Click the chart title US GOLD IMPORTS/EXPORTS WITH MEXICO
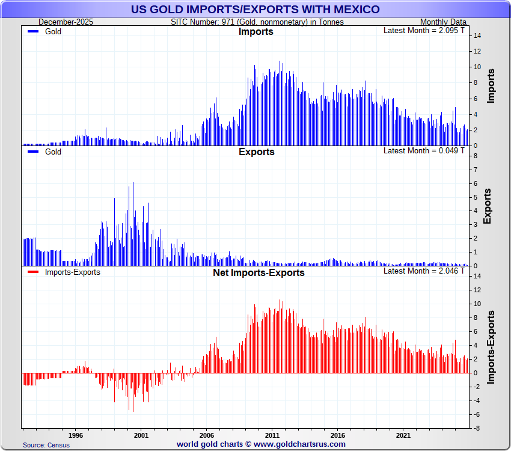coord(255,10)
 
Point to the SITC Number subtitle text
coord(257,22)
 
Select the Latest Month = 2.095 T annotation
coord(424,31)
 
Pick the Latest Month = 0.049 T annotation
coord(424,150)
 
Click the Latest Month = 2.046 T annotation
coord(424,271)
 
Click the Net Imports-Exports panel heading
coord(259,273)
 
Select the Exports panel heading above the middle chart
coord(256,152)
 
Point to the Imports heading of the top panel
coord(256,32)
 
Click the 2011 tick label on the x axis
coord(272,435)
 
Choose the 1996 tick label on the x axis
coord(75,435)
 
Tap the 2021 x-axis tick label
coord(403,435)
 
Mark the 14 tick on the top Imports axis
coord(477,36)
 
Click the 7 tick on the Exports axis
coord(476,170)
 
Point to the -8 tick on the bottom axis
coord(476,428)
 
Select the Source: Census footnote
coord(46,445)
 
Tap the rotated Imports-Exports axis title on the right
coord(491,348)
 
